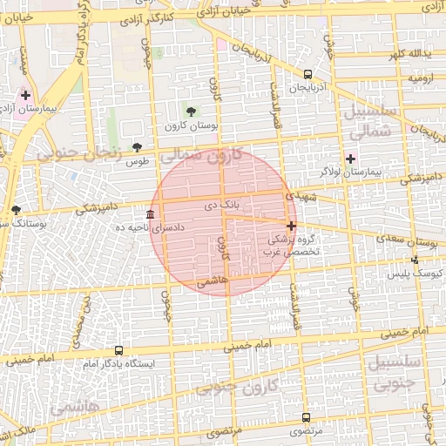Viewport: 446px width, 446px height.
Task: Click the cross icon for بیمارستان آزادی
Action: (x=25, y=95)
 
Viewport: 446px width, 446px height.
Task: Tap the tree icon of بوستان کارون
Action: (x=191, y=111)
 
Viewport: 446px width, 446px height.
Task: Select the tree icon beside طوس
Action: (x=136, y=147)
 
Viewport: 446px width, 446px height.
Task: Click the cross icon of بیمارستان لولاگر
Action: (x=350, y=159)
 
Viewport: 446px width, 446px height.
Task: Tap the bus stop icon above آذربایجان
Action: (x=308, y=75)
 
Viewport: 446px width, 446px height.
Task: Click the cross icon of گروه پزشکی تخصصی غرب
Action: (x=291, y=225)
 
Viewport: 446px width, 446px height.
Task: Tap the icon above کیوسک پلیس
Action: (x=415, y=259)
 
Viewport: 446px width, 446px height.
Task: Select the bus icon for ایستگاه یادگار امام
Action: (x=118, y=350)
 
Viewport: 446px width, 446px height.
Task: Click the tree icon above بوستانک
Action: (x=16, y=210)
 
